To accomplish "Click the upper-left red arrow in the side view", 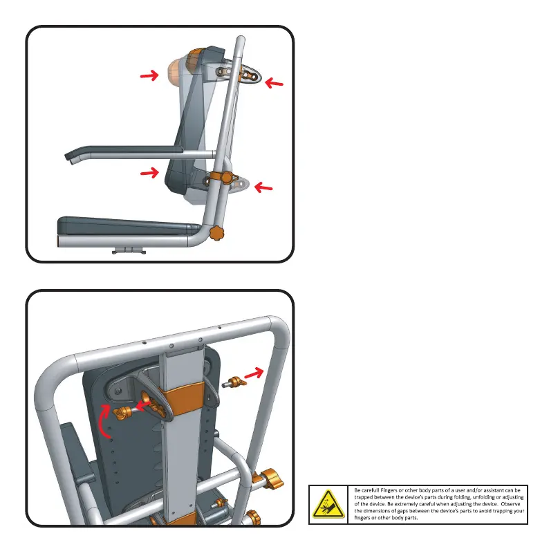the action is [x=148, y=77].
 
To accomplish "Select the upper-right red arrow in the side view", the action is [x=274, y=84].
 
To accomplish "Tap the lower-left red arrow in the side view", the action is [x=148, y=173].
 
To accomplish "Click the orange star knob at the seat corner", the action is [x=218, y=234].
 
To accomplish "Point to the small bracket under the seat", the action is [x=124, y=250].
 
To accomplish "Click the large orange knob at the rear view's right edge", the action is [x=268, y=477].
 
